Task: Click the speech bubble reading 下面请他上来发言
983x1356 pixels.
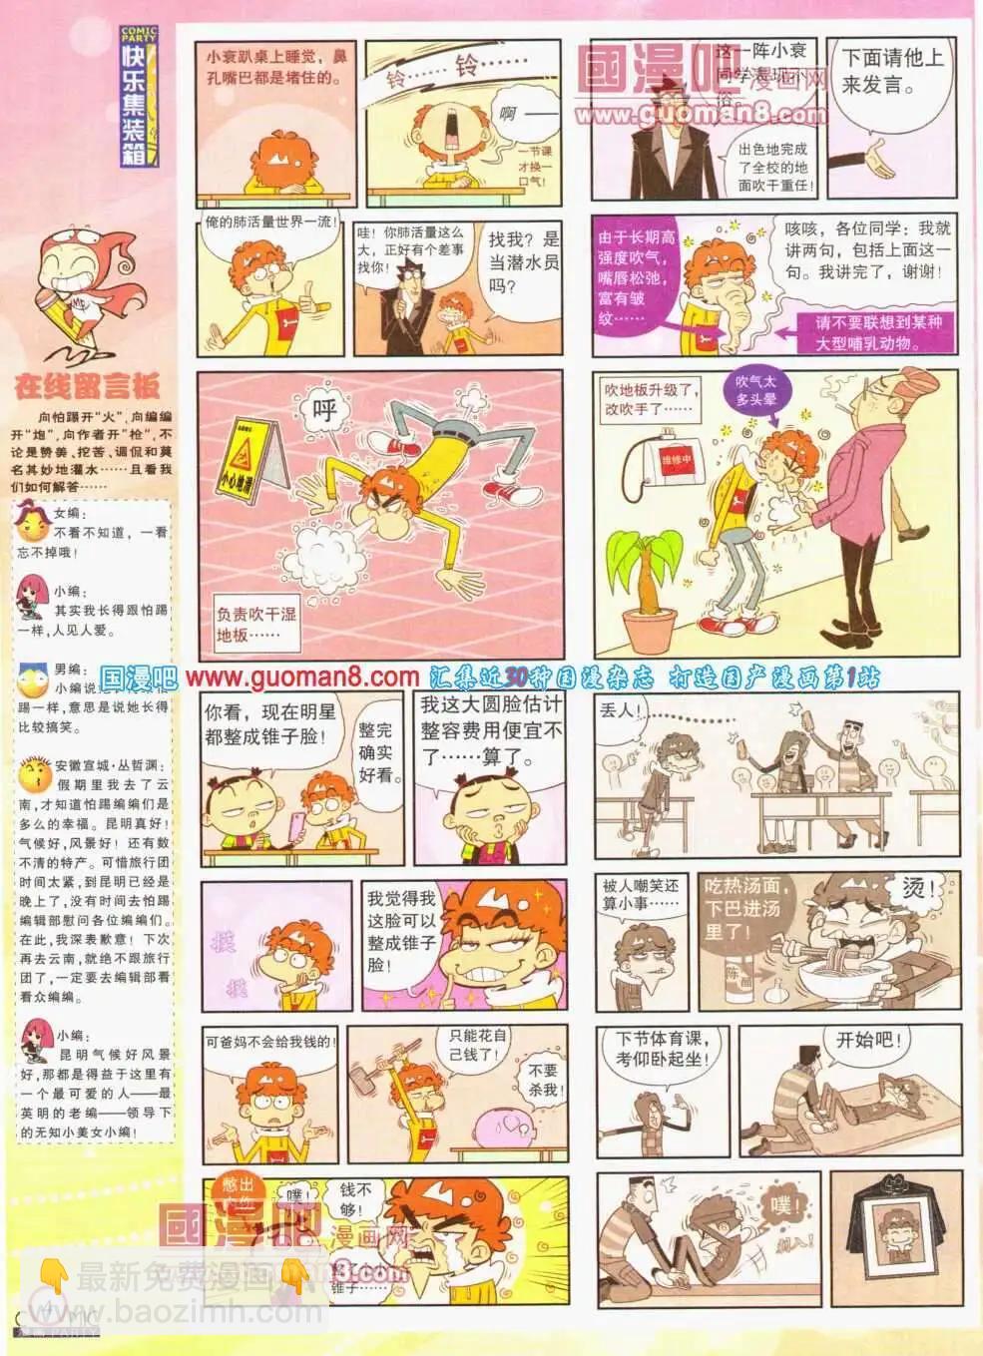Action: pyautogui.click(x=890, y=72)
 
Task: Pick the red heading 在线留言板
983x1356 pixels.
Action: pyautogui.click(x=87, y=386)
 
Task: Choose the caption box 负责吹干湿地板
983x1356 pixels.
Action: pyautogui.click(x=256, y=625)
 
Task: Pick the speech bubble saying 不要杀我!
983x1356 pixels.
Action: pyautogui.click(x=544, y=1079)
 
